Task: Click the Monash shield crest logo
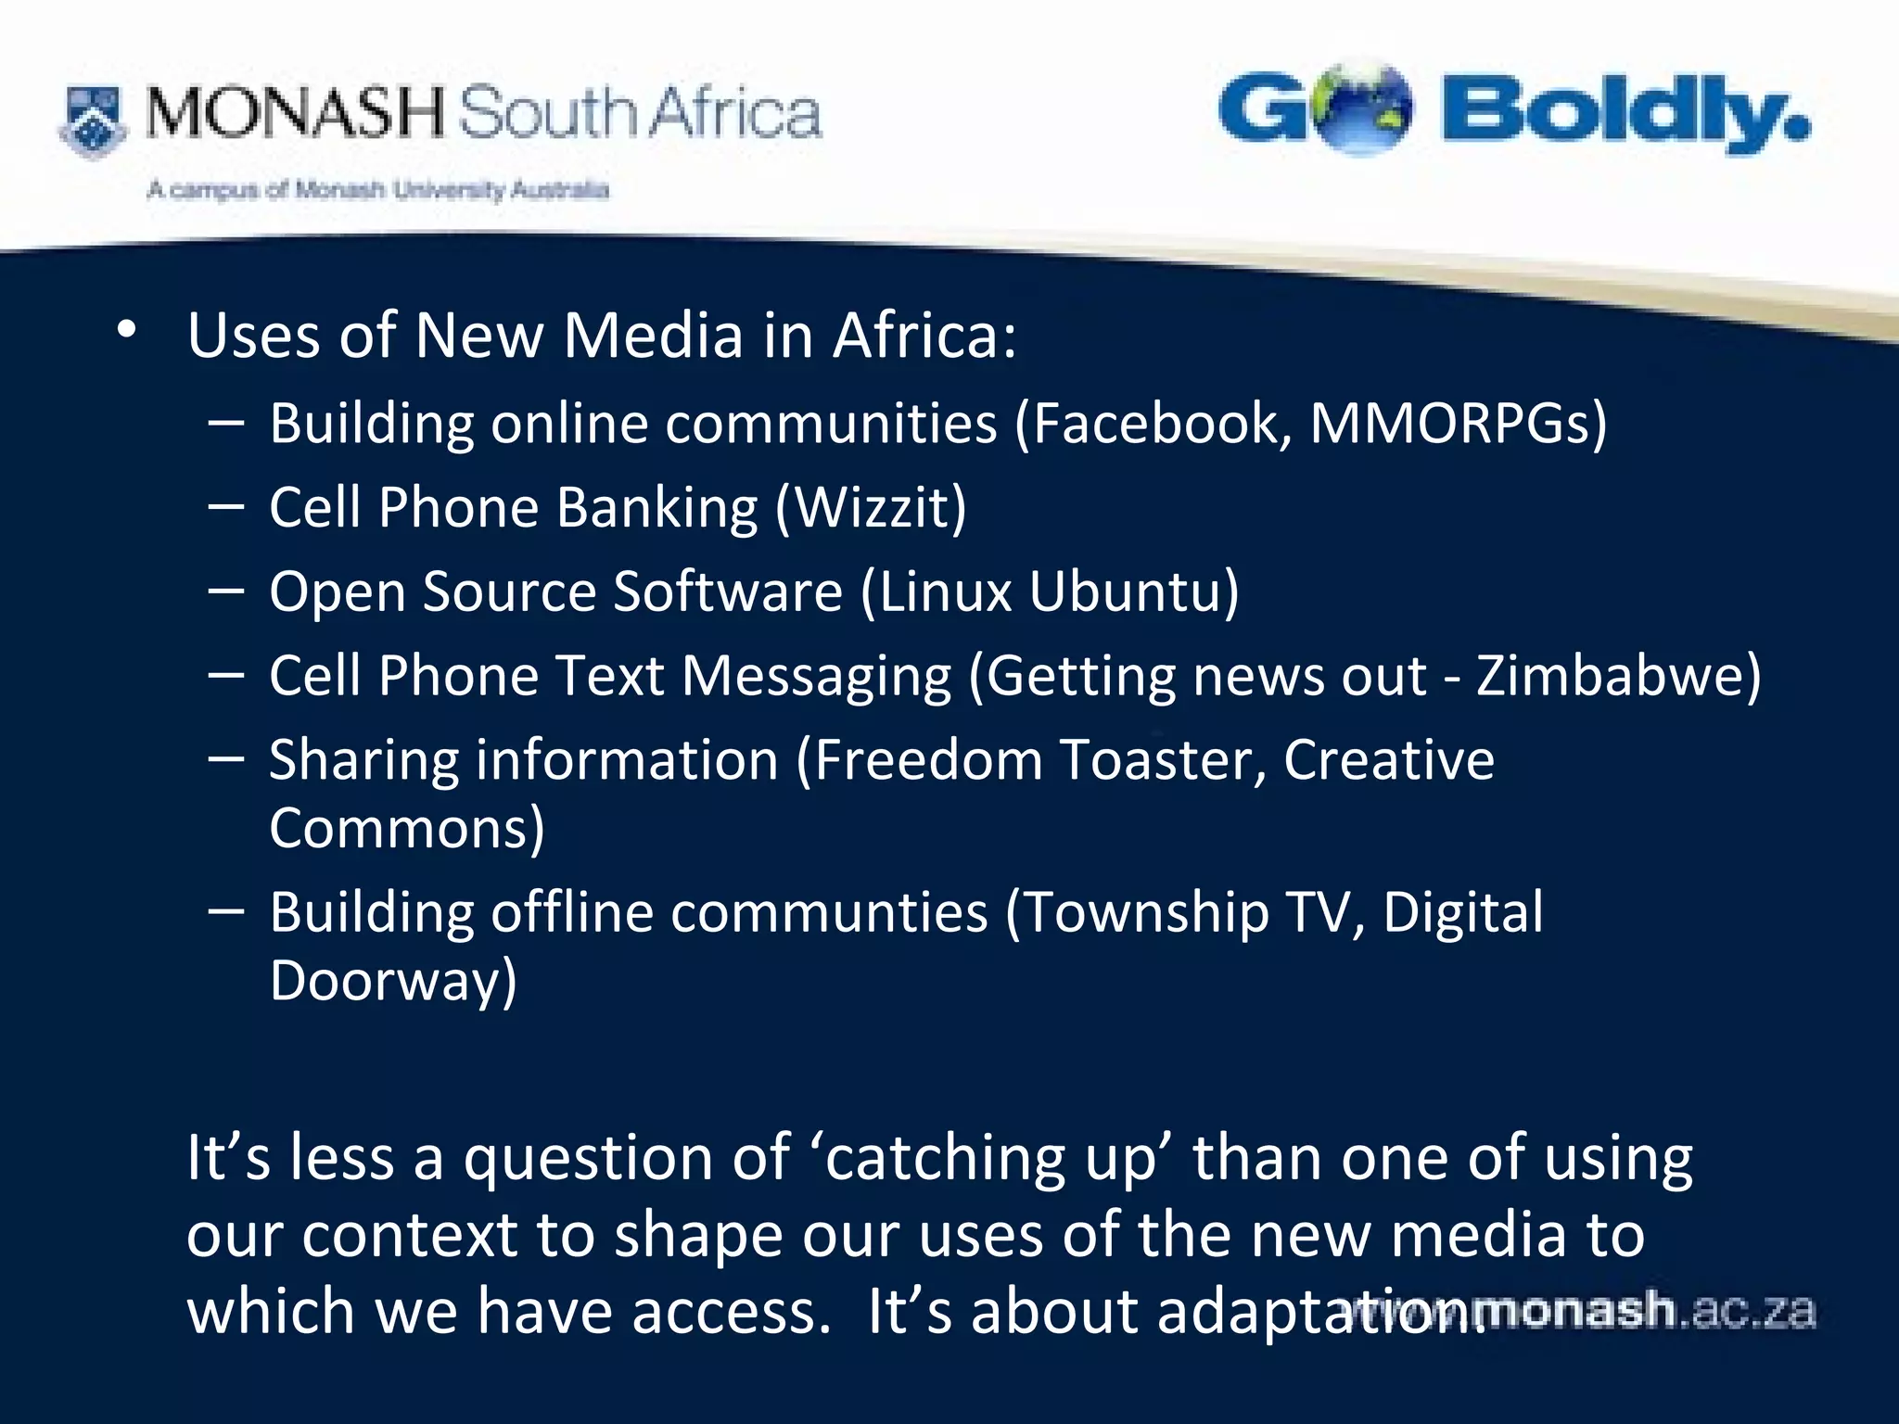(x=93, y=121)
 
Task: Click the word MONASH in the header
(x=295, y=113)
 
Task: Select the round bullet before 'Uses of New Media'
(x=127, y=328)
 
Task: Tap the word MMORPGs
(x=1451, y=424)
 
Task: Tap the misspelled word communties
(x=830, y=912)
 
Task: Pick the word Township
(x=1146, y=912)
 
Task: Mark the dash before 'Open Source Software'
(x=226, y=590)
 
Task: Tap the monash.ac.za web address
(x=1595, y=1311)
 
